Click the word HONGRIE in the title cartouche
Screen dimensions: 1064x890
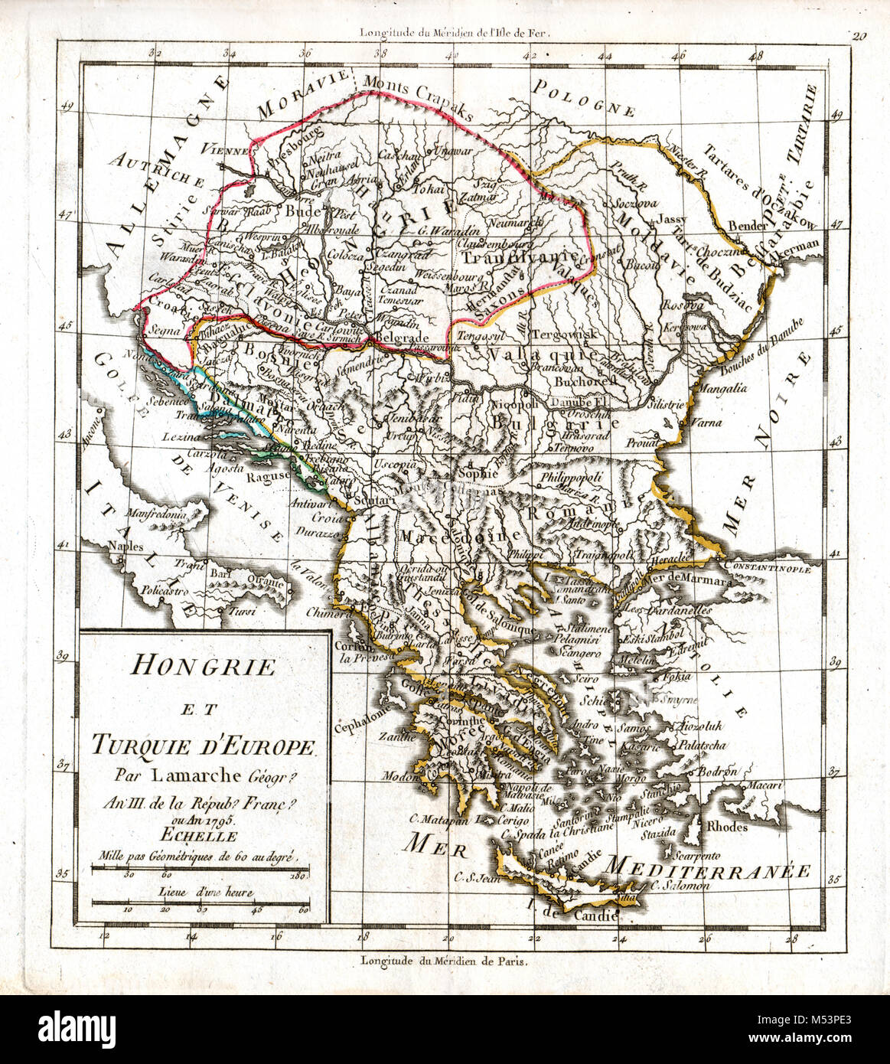coord(203,666)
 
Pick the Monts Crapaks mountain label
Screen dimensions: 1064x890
coord(419,96)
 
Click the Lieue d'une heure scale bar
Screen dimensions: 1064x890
coord(199,903)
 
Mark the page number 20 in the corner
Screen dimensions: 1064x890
coord(857,34)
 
